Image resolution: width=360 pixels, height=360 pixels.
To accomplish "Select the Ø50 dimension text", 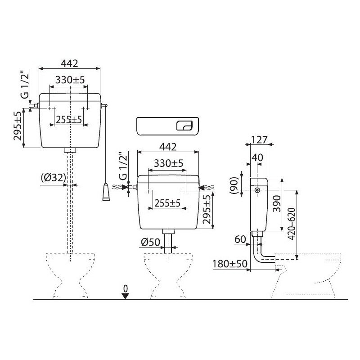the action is tap(149, 242).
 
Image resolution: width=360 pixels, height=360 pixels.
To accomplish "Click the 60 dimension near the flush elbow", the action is tap(239, 239).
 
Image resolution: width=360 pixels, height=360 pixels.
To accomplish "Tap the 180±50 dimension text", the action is tap(229, 264).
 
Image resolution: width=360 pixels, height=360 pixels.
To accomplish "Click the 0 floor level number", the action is tap(126, 287).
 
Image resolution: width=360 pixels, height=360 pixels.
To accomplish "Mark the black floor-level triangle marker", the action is tap(126, 295).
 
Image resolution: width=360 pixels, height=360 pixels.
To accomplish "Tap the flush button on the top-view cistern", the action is tap(184, 126).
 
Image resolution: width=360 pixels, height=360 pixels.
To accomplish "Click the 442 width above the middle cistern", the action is tap(167, 146).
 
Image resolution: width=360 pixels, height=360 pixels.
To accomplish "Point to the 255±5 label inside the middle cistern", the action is tap(166, 203).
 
